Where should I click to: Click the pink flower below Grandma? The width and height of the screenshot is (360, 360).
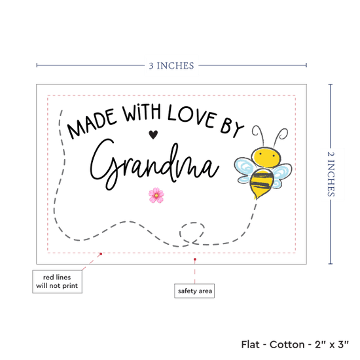coord(156,196)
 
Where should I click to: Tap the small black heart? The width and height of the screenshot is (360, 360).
coord(153,135)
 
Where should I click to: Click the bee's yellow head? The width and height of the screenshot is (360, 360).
coord(266,158)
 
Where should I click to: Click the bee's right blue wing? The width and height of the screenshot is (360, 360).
coord(281,176)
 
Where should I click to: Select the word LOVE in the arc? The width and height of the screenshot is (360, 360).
coord(192,117)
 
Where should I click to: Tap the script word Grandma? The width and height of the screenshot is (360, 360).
coord(154,164)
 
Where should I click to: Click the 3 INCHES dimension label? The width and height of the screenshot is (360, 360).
coord(171,65)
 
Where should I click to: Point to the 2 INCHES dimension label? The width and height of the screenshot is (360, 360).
coord(331,174)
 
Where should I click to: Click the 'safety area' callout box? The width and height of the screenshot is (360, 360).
coord(194,291)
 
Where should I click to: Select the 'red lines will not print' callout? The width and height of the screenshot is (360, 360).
coord(57,281)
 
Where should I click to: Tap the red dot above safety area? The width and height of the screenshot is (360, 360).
coord(195,259)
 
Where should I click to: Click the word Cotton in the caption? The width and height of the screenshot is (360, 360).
coord(287,344)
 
